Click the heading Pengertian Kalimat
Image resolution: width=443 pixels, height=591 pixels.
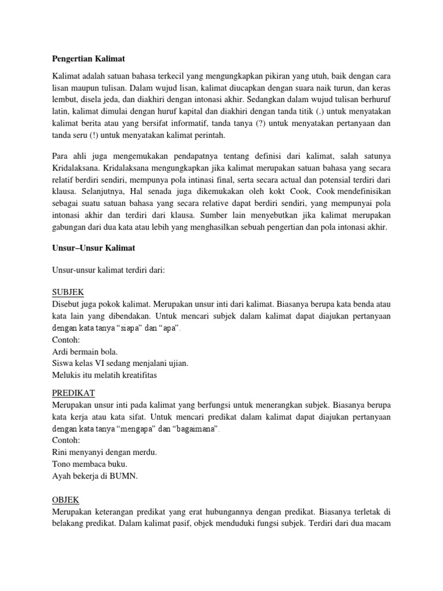tap(89, 58)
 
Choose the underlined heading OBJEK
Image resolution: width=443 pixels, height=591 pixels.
tap(65, 499)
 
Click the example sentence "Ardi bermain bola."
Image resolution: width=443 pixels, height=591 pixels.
tap(85, 352)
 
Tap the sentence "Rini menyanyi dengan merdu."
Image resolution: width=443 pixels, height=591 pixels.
tap(104, 452)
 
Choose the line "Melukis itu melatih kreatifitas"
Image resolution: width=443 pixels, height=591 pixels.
tap(104, 375)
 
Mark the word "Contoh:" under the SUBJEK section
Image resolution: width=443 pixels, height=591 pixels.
tap(66, 340)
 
